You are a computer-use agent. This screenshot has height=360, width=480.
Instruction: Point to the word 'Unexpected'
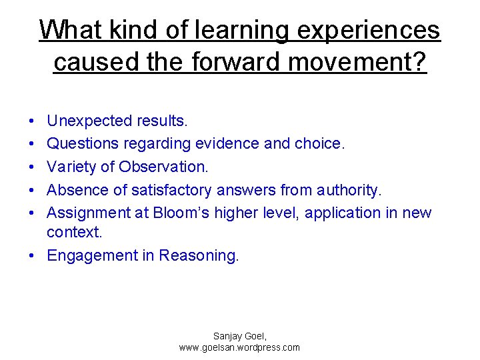tap(90, 121)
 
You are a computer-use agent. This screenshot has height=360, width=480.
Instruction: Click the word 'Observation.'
tap(163, 167)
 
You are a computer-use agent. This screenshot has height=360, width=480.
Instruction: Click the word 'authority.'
tap(349, 190)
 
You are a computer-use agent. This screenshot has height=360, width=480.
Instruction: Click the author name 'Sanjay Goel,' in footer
tap(239, 337)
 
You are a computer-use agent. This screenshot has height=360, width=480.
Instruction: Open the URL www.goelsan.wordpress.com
tap(239, 347)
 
